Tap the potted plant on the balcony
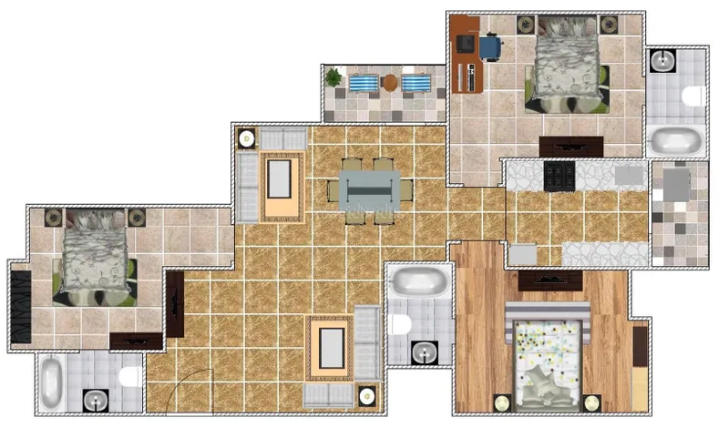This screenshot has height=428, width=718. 333,78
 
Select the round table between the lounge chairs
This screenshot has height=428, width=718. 390,83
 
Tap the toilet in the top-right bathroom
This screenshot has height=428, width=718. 693,95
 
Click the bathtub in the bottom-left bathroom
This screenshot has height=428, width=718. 51,382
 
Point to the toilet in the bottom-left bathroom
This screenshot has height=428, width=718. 129,376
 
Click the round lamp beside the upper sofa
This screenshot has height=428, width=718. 246,139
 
